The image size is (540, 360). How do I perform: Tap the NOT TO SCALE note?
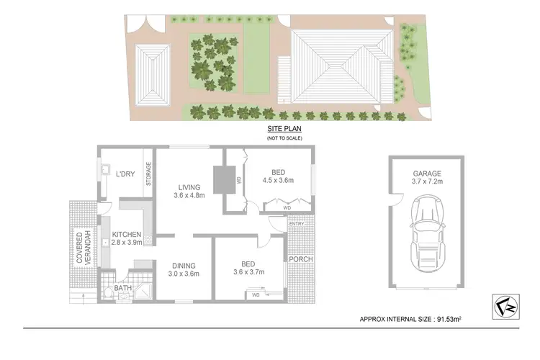click(283, 138)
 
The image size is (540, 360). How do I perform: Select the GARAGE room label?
click(427, 174)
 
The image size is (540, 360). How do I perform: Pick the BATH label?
click(123, 289)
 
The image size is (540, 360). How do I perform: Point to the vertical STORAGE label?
click(149, 174)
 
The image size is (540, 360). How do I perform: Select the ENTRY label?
click(296, 224)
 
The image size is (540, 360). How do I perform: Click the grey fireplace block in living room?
click(222, 177)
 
